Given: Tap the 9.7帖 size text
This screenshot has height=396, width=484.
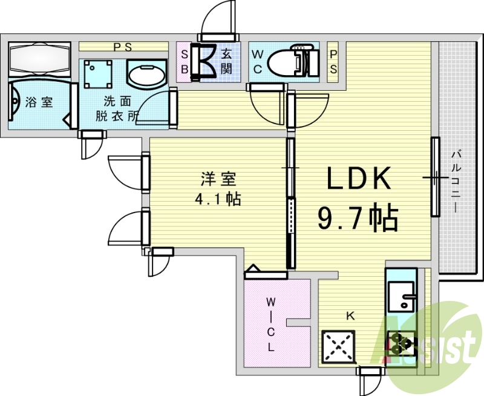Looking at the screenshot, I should (x=358, y=219).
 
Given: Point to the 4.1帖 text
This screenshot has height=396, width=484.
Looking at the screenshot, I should (x=218, y=200).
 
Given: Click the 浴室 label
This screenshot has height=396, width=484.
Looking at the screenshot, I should (x=39, y=102).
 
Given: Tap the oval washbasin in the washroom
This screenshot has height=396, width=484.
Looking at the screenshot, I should (x=146, y=74).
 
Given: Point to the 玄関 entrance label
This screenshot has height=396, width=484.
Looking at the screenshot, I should (x=226, y=61).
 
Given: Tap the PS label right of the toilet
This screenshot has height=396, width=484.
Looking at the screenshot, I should (x=333, y=61).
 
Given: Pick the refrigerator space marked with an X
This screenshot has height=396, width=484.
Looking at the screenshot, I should (x=339, y=347).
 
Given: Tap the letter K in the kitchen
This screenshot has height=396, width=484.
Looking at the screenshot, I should (x=350, y=315).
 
